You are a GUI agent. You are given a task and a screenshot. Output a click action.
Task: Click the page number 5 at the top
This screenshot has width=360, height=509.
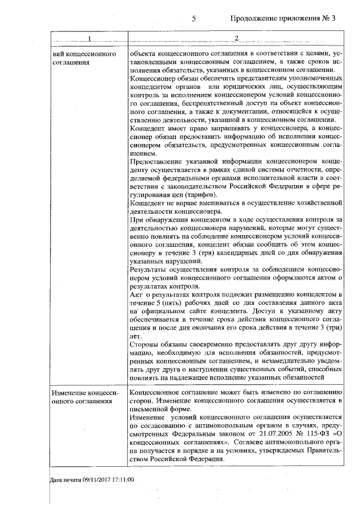pyautogui.click(x=193, y=18)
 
